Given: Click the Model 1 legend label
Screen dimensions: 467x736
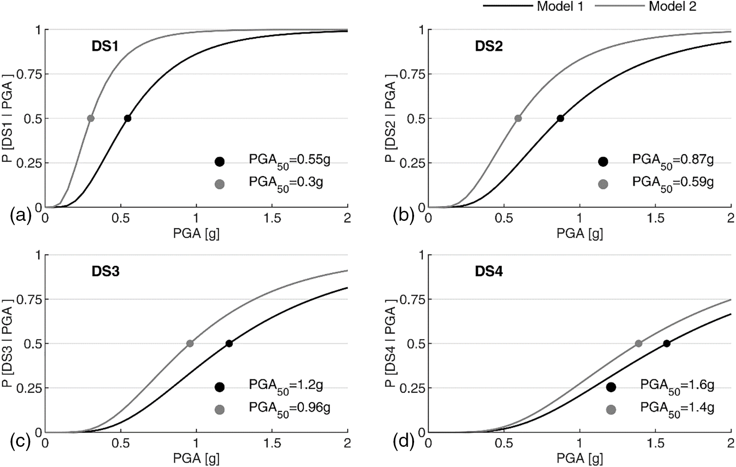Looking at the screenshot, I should pos(560,6).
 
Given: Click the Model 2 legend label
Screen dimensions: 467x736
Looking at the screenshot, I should pos(672,6).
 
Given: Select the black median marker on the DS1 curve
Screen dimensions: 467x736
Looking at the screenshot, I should pos(127,118).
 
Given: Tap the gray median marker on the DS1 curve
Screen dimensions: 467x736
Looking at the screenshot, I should pos(91,118).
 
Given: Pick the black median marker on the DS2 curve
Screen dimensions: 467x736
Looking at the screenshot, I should pos(560,118).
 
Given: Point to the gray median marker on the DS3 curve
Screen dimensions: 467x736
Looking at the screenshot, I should pos(190,343).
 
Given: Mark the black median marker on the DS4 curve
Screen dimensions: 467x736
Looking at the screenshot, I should pos(667,343).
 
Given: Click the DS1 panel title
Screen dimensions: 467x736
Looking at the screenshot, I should pos(105,46).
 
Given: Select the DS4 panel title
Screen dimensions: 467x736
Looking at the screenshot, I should pos(488,271).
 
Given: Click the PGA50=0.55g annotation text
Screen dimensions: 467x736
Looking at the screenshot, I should pos(289,161).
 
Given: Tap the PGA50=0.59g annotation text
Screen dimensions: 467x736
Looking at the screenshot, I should pos(673,183).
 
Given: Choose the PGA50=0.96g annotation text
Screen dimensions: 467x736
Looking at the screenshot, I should pos(289,408).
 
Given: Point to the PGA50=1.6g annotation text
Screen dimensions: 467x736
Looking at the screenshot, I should pos(677,386).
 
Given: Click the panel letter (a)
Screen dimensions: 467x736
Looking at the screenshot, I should pos(21,215).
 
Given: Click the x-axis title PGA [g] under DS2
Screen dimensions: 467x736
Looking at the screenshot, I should pos(579,233).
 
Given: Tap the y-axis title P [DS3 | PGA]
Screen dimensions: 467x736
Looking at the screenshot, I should pos(7,343).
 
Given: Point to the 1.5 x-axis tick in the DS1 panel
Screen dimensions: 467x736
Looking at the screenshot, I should pos(272,218).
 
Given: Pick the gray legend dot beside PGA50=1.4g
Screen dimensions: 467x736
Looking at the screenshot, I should pos(611,409).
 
